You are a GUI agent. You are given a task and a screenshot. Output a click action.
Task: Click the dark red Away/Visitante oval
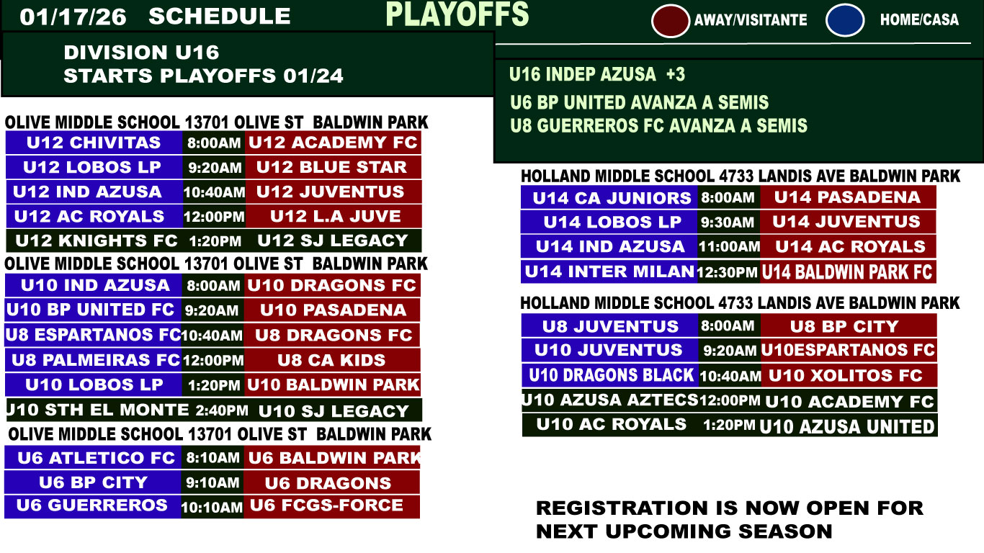(671, 20)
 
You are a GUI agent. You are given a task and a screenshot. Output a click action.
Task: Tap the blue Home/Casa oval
(845, 20)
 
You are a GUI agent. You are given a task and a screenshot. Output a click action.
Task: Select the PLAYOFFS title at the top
(457, 14)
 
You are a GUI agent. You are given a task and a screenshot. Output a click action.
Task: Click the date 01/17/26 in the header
(73, 17)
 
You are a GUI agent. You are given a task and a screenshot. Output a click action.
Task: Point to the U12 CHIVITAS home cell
(94, 143)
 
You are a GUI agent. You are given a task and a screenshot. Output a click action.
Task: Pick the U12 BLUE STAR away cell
(333, 167)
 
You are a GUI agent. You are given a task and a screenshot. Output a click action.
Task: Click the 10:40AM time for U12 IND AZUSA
(214, 192)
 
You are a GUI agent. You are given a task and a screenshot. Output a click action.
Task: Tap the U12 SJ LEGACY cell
(333, 240)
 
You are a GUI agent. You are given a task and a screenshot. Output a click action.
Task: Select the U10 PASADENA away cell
(332, 310)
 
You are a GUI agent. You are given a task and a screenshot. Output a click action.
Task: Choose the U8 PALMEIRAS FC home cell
(94, 360)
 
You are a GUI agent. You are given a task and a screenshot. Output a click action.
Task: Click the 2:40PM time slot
(222, 410)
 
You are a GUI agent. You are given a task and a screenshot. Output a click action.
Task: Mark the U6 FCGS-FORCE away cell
(331, 505)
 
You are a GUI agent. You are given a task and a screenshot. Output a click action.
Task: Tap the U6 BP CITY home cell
(93, 482)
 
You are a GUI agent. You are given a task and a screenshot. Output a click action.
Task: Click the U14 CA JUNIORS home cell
(609, 198)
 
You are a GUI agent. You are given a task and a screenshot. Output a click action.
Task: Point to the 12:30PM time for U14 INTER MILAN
(728, 272)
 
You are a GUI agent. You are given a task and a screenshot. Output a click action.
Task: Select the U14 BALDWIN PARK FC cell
(848, 272)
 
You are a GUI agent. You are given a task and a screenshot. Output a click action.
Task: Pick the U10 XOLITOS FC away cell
(849, 376)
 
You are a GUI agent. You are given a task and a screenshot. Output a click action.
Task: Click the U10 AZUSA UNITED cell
(847, 426)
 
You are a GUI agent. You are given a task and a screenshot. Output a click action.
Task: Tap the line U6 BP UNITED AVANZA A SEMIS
(639, 102)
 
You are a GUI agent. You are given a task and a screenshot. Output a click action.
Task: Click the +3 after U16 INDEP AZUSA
(675, 74)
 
